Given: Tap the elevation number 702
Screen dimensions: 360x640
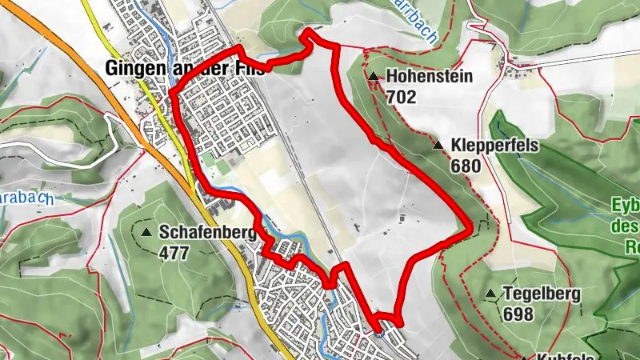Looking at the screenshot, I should pos(401,98).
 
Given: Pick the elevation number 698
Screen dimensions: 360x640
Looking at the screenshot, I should pos(518,314).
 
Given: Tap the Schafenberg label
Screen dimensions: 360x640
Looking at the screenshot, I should pos(206,233).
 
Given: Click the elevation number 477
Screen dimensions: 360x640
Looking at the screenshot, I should pos(174,253).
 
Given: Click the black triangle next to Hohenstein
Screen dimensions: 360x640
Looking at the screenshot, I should pos(374,77).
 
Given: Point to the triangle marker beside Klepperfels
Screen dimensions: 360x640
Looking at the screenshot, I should pos(438,146).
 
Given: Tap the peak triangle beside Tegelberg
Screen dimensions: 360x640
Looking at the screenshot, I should pos(491,294).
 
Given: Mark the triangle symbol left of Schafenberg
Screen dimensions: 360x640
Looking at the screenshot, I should pos(146,232).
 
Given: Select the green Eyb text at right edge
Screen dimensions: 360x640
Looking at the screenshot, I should pos(627,203).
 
